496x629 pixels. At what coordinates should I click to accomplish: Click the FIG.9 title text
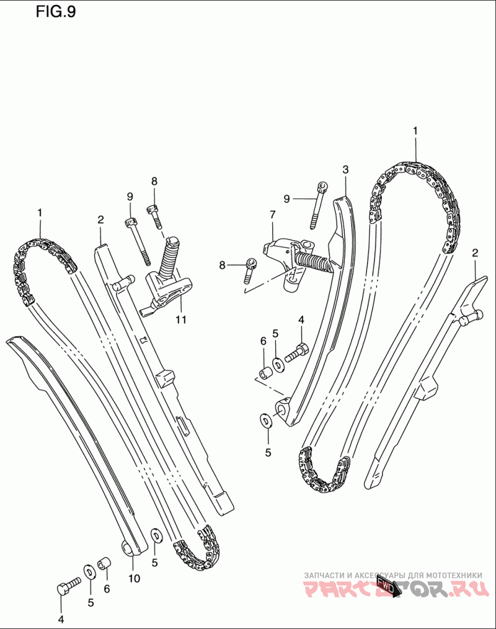point(56,12)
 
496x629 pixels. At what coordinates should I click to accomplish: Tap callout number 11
point(180,320)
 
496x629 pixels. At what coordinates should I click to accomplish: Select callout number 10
point(134,578)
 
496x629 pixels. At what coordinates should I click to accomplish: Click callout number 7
point(272,215)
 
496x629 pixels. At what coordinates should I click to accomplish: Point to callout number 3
point(345,169)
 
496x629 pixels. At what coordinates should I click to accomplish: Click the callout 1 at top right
point(415,131)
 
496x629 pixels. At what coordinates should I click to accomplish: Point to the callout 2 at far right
point(475,252)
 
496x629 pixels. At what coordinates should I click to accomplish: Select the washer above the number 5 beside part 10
point(155,534)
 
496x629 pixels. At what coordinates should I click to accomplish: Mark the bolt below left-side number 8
point(154,214)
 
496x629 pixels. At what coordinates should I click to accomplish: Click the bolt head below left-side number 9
point(130,223)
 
